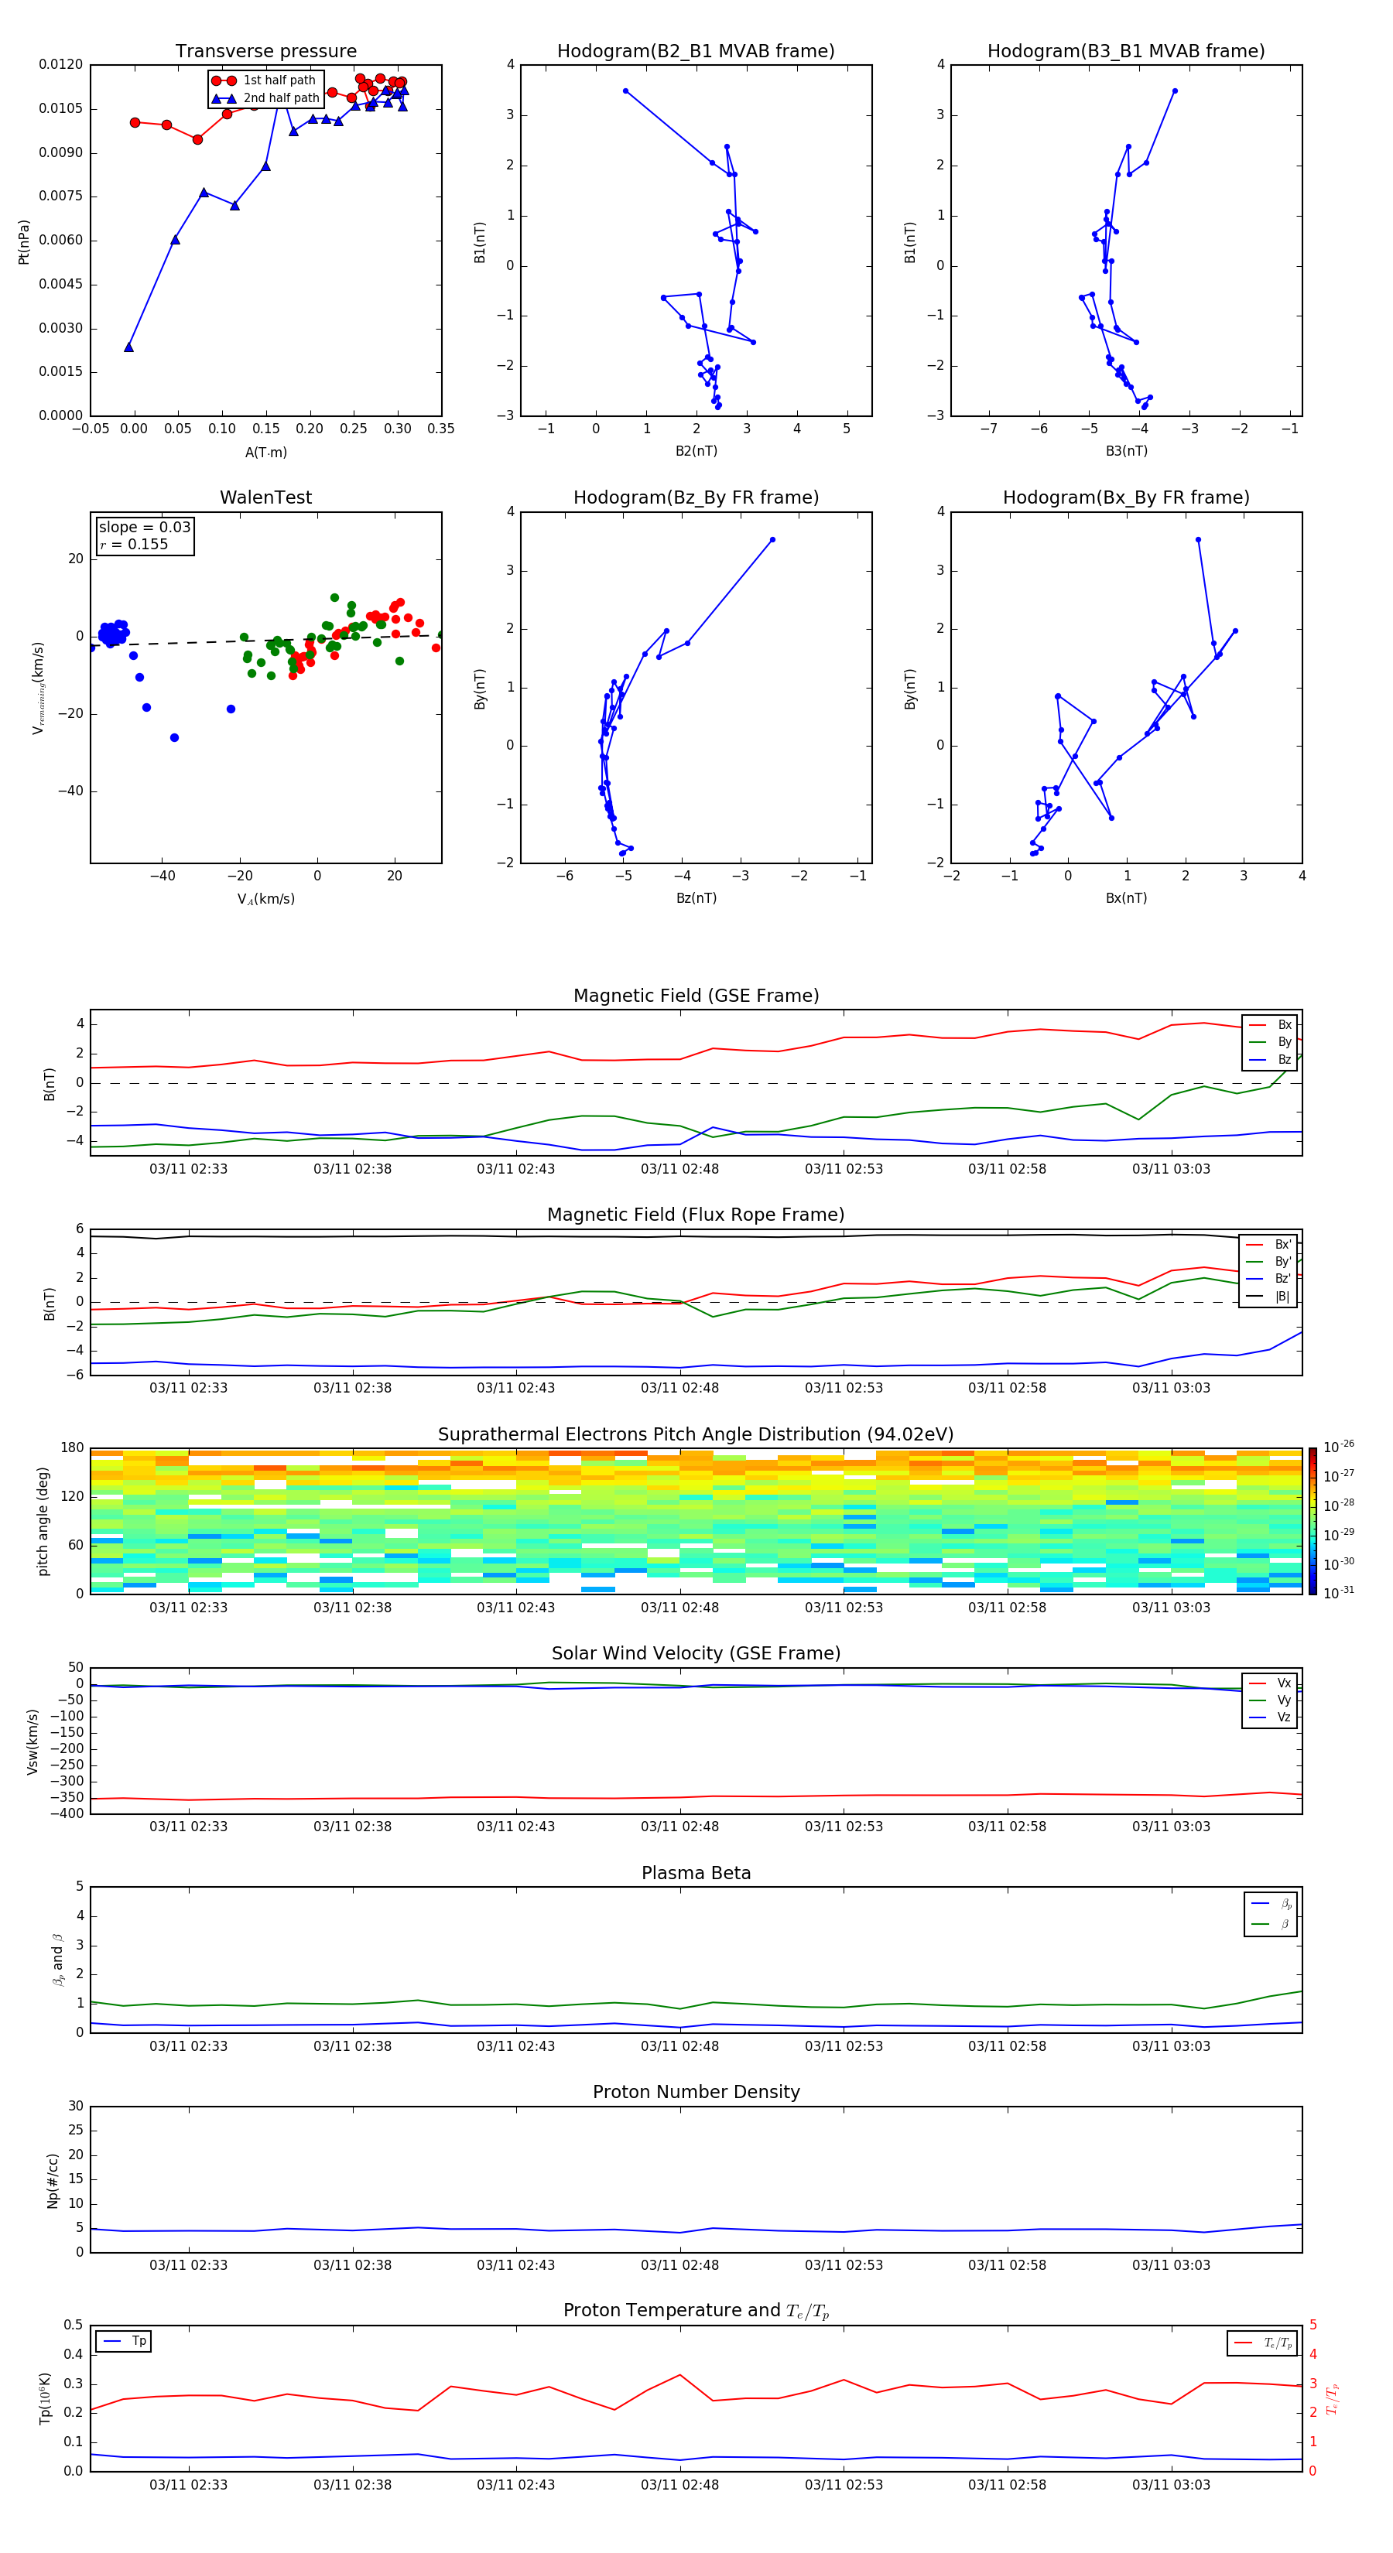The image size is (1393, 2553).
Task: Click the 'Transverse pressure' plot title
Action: point(265,52)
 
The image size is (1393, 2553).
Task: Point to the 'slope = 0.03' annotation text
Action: point(144,528)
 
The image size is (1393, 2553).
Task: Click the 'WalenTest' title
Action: point(265,497)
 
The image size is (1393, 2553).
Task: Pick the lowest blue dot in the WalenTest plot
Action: point(174,737)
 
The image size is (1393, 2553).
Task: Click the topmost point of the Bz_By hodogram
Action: point(772,540)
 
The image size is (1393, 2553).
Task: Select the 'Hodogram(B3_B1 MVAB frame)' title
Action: point(1125,52)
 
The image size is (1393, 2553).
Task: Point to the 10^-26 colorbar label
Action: point(1339,1446)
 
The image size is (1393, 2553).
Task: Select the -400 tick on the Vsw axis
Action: point(70,1813)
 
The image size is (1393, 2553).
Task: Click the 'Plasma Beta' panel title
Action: point(695,1873)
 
